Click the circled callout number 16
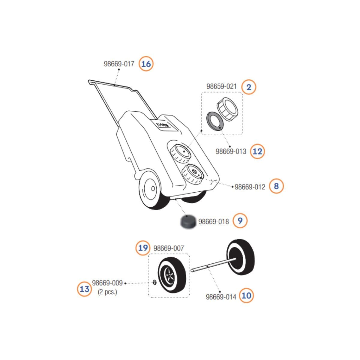[146, 64]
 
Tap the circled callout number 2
[249, 87]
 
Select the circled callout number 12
[257, 151]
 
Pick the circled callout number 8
[276, 186]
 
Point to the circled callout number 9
[240, 221]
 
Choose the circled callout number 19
[143, 248]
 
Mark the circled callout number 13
[85, 289]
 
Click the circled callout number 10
[246, 295]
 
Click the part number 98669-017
[119, 64]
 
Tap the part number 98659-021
[221, 86]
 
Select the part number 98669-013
[231, 151]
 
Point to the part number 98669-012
[250, 187]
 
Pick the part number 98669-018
[214, 222]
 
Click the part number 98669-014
[221, 297]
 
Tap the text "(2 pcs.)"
[107, 292]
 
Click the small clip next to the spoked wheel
[155, 282]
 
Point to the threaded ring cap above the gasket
[228, 109]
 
